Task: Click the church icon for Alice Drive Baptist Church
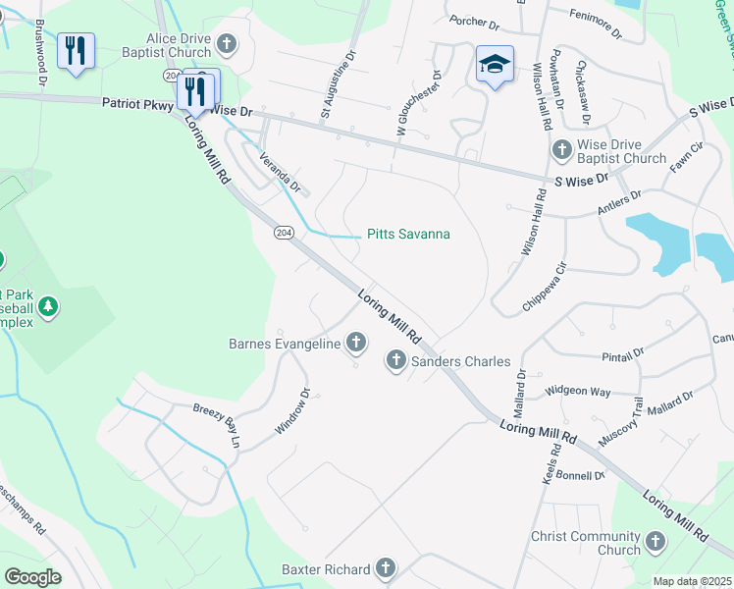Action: [228, 44]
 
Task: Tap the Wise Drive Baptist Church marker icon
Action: [561, 150]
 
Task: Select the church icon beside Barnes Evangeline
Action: [355, 343]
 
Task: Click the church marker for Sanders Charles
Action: [395, 360]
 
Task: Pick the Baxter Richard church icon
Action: [386, 568]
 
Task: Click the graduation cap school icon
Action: [495, 65]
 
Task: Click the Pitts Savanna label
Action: [408, 234]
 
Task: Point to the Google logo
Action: [32, 577]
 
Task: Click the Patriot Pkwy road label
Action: [135, 103]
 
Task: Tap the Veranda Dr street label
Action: [279, 171]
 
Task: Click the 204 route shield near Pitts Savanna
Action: [285, 232]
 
